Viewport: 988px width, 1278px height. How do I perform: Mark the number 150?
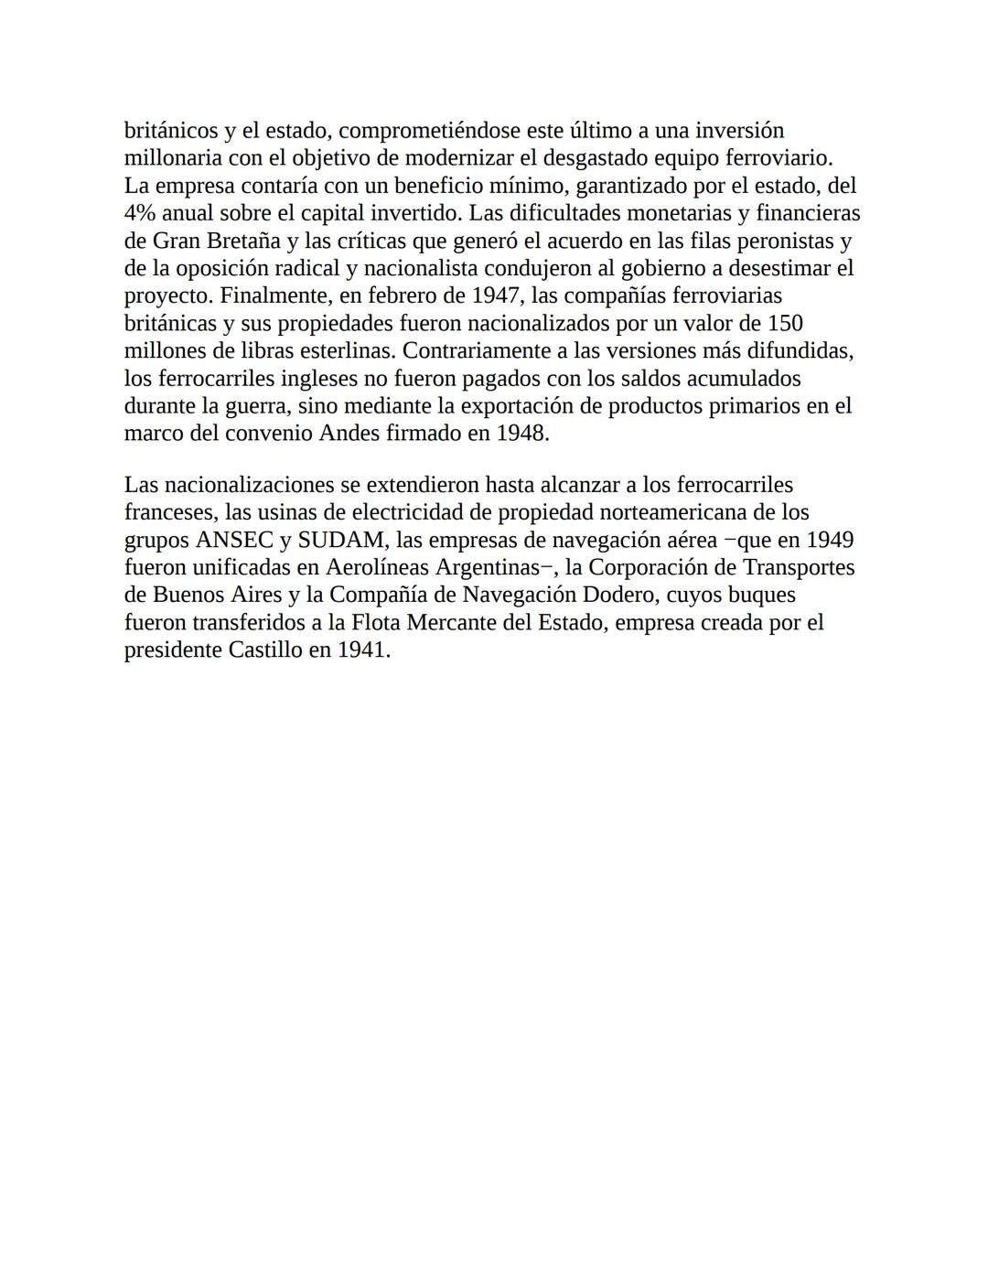point(785,323)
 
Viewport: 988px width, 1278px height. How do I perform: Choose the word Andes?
point(350,433)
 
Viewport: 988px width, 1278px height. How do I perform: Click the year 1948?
point(521,433)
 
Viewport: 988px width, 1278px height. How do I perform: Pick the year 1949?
point(829,540)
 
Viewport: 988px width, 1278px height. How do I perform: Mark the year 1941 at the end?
point(363,650)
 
